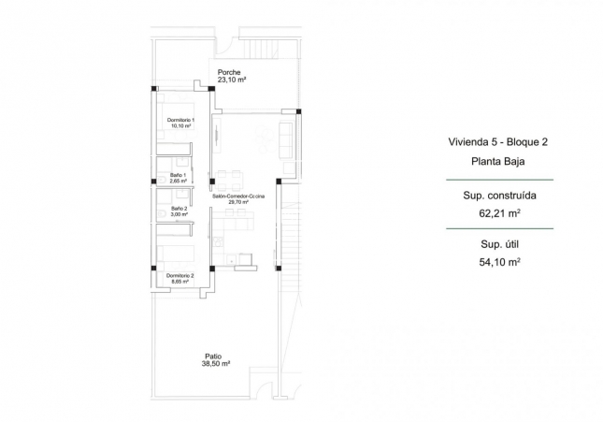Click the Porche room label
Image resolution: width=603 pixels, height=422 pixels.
[229, 72]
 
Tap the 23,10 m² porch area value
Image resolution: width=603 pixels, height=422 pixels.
[232, 80]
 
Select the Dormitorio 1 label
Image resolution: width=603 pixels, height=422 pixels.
[180, 121]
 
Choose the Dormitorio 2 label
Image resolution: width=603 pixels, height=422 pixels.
[179, 275]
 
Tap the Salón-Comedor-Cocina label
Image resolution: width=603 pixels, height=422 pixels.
[238, 196]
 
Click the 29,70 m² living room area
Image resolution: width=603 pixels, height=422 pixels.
[238, 202]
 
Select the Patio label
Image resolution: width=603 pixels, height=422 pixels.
[213, 356]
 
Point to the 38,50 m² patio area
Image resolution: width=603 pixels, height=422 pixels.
[217, 364]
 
